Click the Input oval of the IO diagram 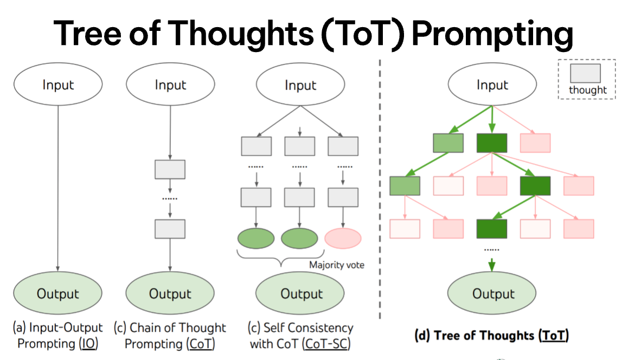58,84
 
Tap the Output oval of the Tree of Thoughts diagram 492,293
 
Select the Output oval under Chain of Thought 170,293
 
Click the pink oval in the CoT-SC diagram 343,238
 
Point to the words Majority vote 337,265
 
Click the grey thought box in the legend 585,73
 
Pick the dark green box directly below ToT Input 492,143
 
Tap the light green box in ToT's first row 448,143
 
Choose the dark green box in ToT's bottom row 492,229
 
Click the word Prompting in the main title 492,34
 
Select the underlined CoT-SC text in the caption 326,344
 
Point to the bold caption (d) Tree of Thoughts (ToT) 492,335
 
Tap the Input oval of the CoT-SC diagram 300,84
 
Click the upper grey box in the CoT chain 170,169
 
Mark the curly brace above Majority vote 281,258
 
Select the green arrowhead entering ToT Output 492,266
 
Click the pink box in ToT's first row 535,143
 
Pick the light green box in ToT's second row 405,186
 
